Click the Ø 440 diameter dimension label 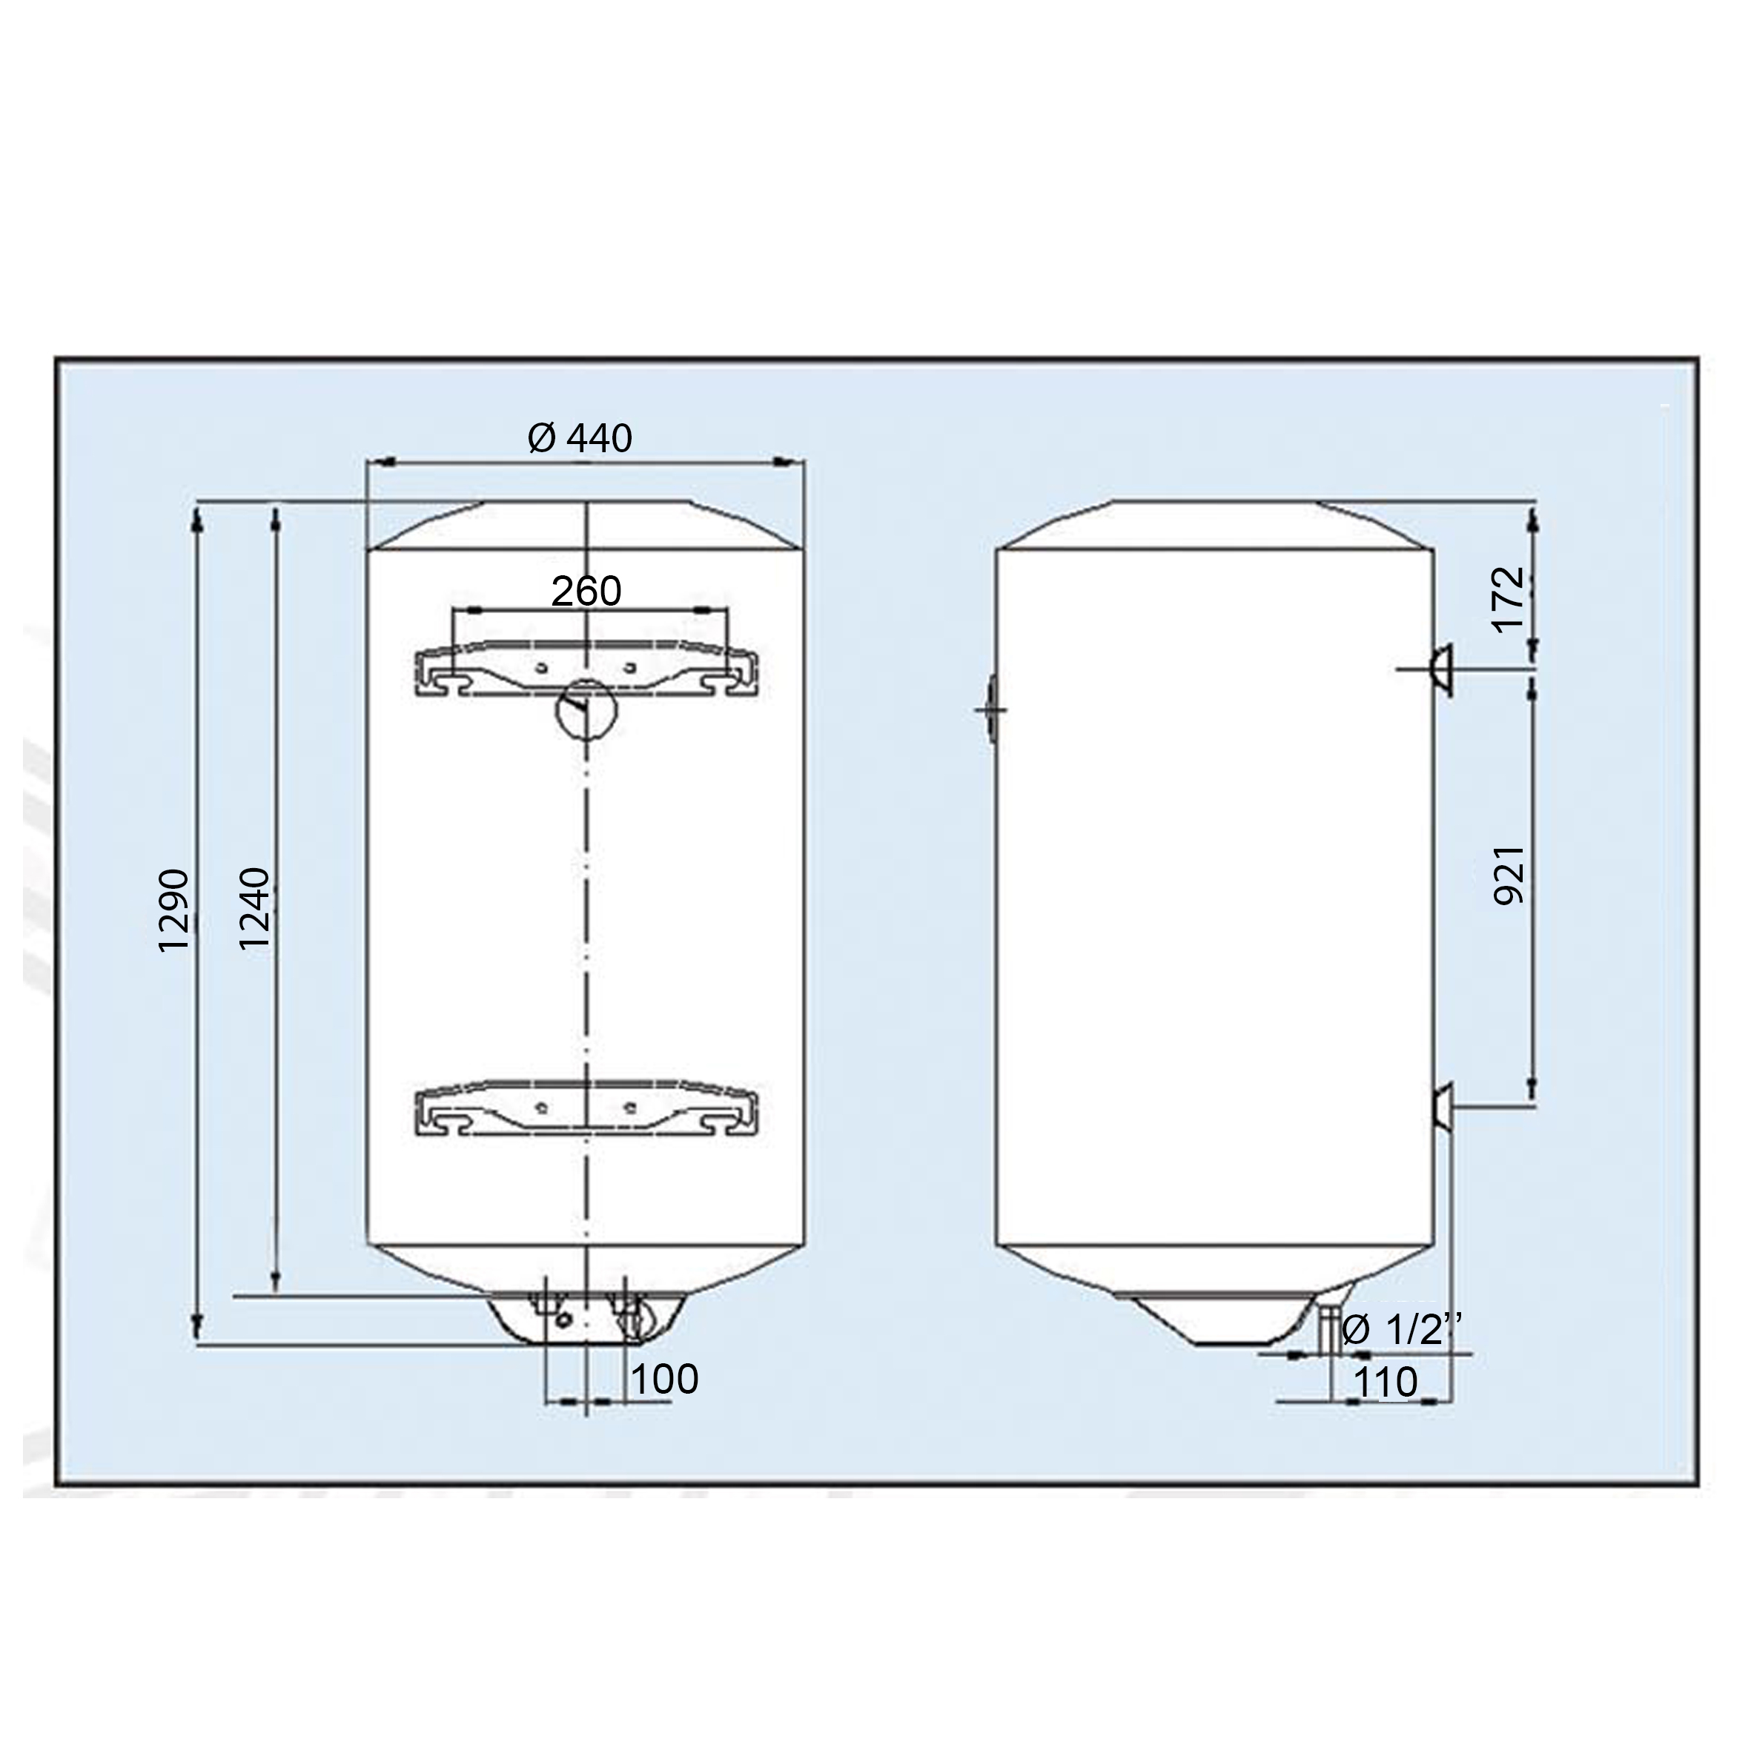click(x=580, y=439)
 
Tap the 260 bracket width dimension click(x=586, y=592)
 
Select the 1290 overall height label click(x=174, y=910)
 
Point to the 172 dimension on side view click(x=1509, y=600)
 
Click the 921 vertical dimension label click(x=1509, y=875)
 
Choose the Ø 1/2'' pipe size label click(x=1401, y=1330)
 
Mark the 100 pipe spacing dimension click(x=664, y=1380)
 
